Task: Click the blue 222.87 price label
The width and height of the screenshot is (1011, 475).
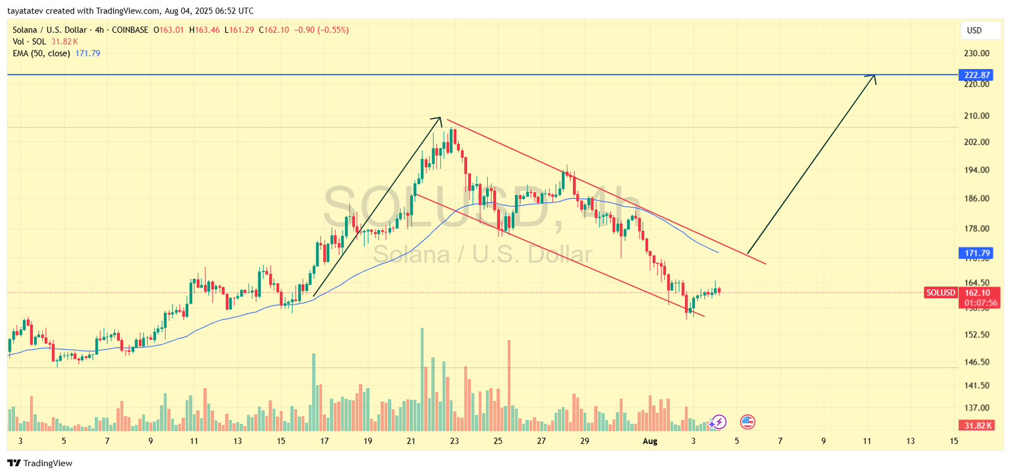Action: coord(977,75)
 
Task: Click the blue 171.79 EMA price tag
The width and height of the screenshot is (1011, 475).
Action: coord(977,253)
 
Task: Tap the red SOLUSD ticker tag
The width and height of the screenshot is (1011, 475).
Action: coord(941,292)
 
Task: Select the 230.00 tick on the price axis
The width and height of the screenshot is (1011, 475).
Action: coord(976,53)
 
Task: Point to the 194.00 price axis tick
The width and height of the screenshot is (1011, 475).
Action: coord(976,170)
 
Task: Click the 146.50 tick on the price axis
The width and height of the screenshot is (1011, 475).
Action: coord(976,362)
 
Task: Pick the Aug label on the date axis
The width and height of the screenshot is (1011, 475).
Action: coord(650,441)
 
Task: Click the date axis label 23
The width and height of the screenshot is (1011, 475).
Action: coord(454,441)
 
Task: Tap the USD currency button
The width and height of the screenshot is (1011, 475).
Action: coord(974,30)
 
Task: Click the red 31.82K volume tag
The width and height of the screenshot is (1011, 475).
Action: coord(977,425)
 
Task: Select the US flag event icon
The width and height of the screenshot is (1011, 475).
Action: coord(748,422)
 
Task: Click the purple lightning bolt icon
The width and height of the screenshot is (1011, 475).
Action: coord(718,422)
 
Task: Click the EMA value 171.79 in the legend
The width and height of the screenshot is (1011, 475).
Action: coord(88,53)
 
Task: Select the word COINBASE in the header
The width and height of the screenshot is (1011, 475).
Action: coord(130,30)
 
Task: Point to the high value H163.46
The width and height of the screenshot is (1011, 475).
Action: coord(204,30)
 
